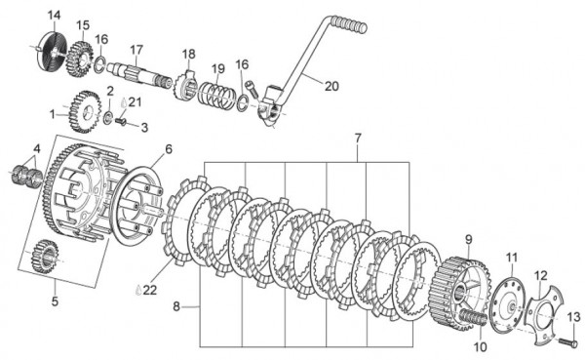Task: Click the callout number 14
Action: (x=54, y=16)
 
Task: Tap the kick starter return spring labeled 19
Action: (x=216, y=96)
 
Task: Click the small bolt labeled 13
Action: (x=567, y=341)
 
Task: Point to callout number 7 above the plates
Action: (x=358, y=138)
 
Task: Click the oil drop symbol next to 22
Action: (x=138, y=290)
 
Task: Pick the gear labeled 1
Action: (x=86, y=111)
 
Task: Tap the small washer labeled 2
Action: (x=109, y=117)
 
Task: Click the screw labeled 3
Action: (x=122, y=121)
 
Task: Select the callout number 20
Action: (x=331, y=86)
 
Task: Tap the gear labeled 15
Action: (x=80, y=59)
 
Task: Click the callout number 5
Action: (x=55, y=301)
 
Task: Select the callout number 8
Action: (x=176, y=306)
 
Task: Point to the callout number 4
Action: (x=36, y=149)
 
